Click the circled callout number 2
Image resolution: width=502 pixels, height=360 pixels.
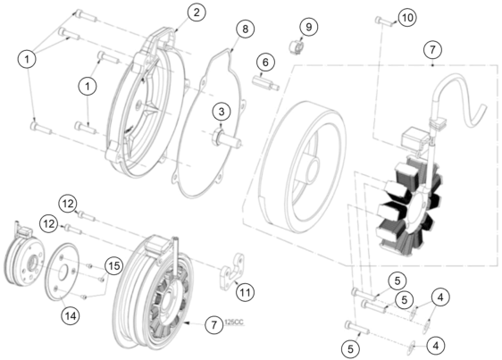coord(196,13)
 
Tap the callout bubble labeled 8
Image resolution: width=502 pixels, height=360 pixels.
coord(246,29)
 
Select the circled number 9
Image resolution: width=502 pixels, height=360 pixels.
coord(309,27)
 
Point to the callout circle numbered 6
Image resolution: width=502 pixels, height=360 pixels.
coord(265,63)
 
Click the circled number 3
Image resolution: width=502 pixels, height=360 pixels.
coord(222,112)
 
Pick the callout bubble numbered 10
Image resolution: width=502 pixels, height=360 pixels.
coord(407,17)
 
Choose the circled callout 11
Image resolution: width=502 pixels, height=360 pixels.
coord(246,292)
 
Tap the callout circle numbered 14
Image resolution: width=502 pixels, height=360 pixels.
coord(71,316)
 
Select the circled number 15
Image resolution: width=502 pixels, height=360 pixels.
coord(114,265)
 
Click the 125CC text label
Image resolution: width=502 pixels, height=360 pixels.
coord(234,322)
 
